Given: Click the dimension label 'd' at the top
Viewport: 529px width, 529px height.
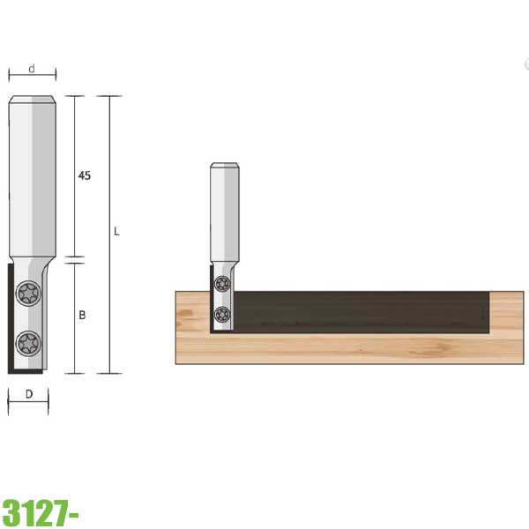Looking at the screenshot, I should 32,67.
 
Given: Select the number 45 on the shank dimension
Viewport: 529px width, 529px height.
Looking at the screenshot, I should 85,176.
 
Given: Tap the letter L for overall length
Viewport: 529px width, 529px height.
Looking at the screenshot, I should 116,232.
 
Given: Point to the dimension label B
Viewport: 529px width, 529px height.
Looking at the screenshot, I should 82,315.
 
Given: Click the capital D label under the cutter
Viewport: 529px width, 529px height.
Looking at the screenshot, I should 29,394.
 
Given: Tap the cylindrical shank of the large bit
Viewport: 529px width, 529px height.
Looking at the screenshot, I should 33,176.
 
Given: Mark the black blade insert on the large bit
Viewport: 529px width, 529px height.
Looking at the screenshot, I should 11,317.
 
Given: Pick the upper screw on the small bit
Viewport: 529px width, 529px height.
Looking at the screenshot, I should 222,283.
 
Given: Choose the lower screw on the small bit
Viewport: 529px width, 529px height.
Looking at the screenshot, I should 222,313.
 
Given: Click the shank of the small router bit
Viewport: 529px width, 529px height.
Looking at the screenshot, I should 224,212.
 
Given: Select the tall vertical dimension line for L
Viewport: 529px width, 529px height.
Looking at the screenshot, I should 109,264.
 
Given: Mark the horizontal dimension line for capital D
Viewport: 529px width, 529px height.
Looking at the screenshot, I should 29,405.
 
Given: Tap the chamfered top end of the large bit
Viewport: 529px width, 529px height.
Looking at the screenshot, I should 33,99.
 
